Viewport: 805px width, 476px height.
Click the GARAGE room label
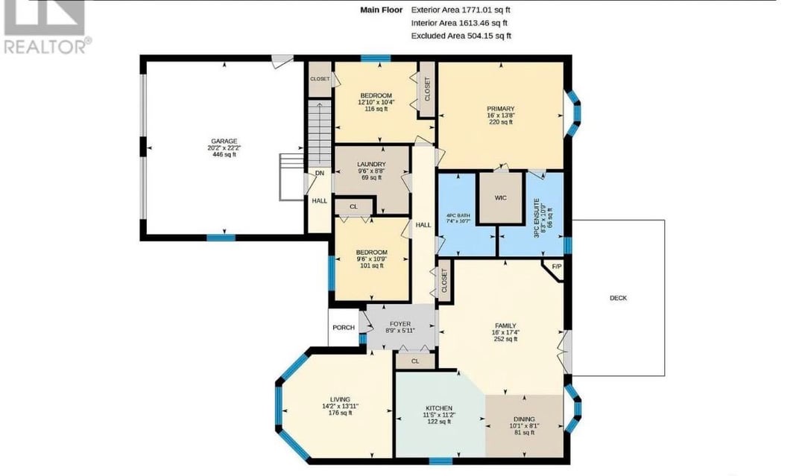pos(224,141)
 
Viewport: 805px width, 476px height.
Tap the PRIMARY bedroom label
pos(501,109)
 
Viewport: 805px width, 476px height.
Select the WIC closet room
pos(501,198)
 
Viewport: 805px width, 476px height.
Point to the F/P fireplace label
pos(557,267)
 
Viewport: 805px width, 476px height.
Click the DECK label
pos(618,298)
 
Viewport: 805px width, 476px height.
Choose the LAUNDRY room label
pos(371,165)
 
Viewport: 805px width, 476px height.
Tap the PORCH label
pos(344,327)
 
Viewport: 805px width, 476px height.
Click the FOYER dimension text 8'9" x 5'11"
pos(400,331)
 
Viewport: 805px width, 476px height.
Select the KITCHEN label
pos(439,408)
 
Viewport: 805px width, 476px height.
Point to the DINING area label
pos(524,419)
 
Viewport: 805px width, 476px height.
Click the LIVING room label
pos(340,399)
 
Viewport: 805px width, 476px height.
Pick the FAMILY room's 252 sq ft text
pos(505,339)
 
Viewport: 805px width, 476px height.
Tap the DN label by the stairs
pos(320,174)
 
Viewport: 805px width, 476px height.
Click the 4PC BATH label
pos(458,215)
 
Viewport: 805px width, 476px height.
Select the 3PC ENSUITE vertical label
pos(537,218)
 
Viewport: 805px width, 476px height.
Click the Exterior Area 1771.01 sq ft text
pos(461,10)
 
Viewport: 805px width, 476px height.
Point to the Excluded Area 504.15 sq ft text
pos(461,36)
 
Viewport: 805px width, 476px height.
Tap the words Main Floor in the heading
pos(382,10)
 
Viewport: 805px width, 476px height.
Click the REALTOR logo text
pos(46,46)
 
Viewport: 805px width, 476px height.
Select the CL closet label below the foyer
pos(415,361)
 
